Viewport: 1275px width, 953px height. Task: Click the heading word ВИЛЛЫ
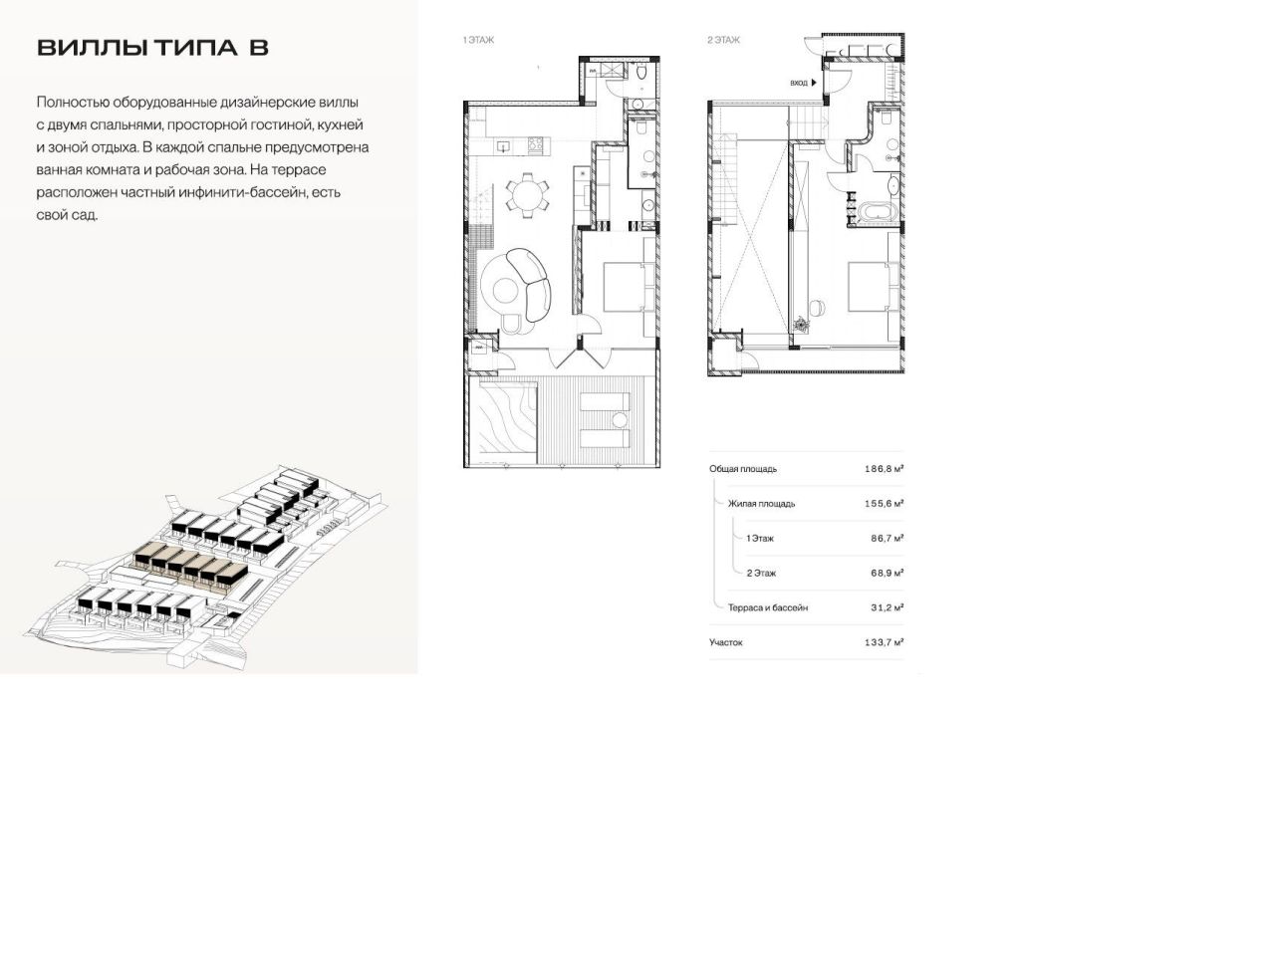click(93, 48)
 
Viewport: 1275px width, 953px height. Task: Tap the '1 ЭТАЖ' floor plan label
click(478, 41)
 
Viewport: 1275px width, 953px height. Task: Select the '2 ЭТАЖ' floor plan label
click(723, 41)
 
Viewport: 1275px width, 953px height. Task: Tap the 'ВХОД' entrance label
click(798, 84)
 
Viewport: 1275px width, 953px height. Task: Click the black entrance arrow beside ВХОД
click(814, 84)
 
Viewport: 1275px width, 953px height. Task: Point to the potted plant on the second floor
click(801, 323)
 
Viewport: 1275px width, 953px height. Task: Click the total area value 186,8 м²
click(884, 468)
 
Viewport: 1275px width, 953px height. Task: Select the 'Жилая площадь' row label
click(761, 504)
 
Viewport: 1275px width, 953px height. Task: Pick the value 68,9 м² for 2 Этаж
click(887, 573)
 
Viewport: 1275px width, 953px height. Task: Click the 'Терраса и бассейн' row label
click(767, 607)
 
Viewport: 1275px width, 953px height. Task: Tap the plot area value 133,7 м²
click(884, 642)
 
